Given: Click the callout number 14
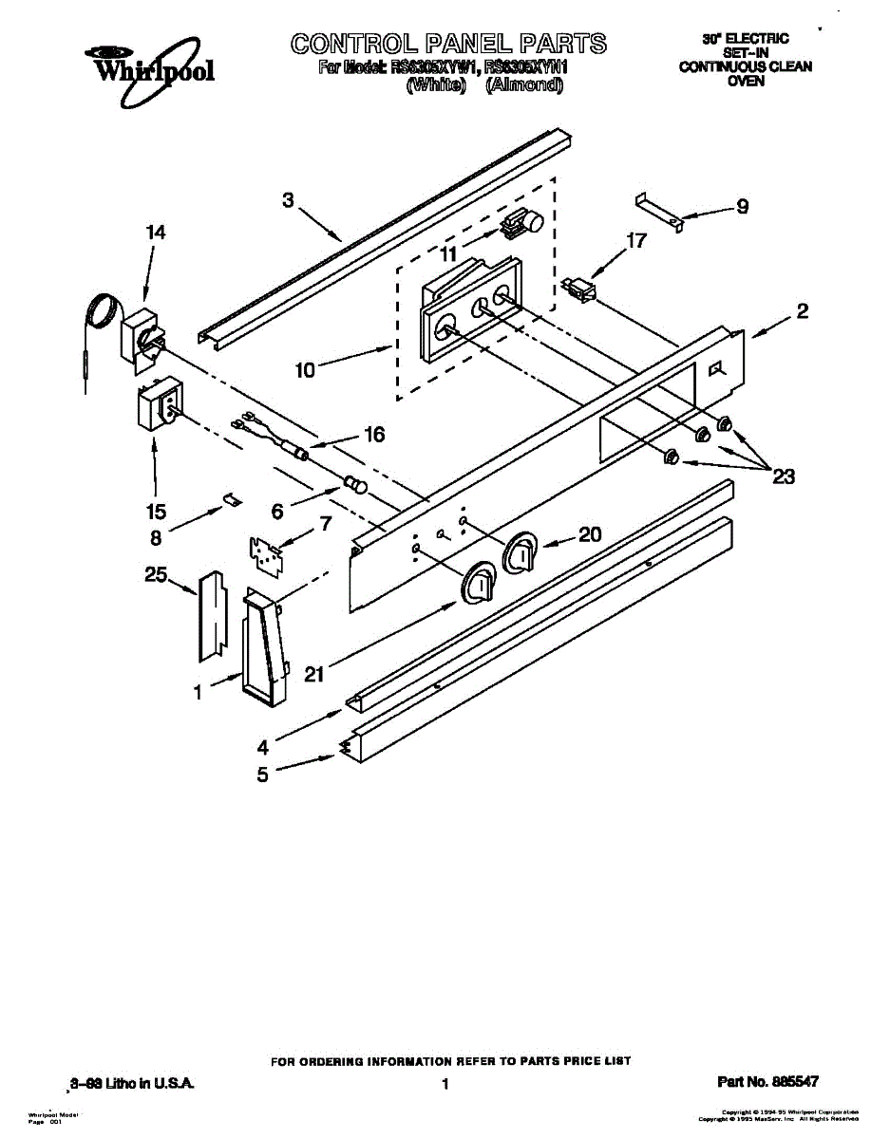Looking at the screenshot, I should [x=155, y=232].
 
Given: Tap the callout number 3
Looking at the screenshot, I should [x=288, y=200].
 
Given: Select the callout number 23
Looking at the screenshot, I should [x=783, y=477].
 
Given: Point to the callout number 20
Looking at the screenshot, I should [x=590, y=534].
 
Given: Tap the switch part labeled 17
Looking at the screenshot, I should [x=579, y=288].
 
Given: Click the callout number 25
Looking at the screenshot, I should [x=156, y=573].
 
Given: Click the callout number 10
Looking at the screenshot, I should [x=305, y=370].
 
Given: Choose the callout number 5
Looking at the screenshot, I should [x=262, y=775].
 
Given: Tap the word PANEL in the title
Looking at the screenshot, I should [x=456, y=44].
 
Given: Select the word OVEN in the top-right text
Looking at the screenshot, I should [x=746, y=82].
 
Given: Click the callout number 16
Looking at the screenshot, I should [x=374, y=434].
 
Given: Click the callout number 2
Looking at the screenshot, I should [x=803, y=310].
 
